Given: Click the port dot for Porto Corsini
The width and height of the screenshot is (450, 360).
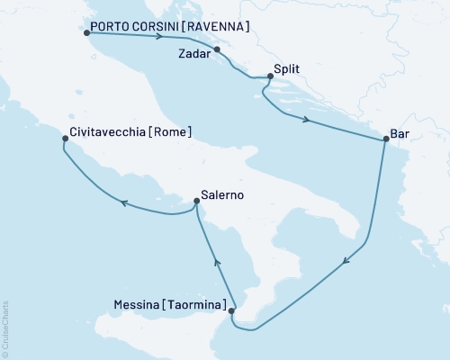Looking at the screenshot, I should [86, 33].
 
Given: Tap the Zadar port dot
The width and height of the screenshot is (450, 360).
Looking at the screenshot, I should [217, 50].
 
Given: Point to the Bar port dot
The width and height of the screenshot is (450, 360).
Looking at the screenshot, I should [386, 139].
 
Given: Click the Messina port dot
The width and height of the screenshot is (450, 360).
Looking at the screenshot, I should [232, 311].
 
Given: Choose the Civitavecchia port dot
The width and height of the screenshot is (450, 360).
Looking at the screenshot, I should [62, 139].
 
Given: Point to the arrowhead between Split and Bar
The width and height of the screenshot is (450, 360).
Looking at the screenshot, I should [308, 121].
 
